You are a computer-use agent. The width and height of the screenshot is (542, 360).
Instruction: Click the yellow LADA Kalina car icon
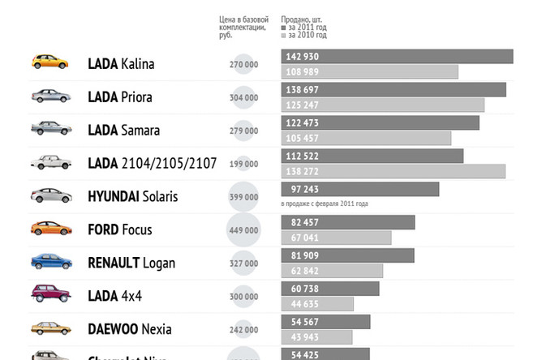[x=49, y=62]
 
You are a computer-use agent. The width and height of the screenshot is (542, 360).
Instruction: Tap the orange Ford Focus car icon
[x=50, y=229]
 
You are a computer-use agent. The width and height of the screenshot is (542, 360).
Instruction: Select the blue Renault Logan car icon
[x=50, y=262]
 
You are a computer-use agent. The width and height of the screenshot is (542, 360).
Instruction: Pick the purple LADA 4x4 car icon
[x=50, y=295]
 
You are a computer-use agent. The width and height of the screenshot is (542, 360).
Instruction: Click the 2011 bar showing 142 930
[x=397, y=56]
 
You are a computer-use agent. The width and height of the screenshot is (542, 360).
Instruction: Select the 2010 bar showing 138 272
[x=393, y=171]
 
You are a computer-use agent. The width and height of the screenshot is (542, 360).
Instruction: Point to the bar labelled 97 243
[x=359, y=189]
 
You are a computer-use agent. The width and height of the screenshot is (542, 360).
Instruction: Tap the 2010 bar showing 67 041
[x=336, y=238]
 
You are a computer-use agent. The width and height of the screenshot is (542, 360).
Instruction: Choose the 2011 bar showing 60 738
[x=330, y=288]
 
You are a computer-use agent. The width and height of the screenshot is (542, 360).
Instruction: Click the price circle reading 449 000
[x=243, y=230]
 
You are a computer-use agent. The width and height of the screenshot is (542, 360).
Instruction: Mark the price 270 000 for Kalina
[x=243, y=64]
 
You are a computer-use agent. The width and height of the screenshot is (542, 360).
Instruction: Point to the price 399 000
[x=243, y=197]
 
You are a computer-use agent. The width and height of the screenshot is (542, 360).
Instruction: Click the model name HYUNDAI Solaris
[x=132, y=196]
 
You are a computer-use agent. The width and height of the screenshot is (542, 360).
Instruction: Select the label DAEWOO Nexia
[x=130, y=330]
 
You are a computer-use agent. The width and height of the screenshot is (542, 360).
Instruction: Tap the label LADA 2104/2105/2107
[x=152, y=163]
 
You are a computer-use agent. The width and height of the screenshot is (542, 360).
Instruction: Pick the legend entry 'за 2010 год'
[x=307, y=36]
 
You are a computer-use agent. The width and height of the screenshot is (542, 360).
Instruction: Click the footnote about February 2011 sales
[x=325, y=204]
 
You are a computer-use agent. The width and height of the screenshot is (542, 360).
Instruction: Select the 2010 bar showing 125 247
[x=382, y=105]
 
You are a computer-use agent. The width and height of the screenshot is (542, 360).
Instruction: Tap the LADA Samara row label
[x=123, y=130]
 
